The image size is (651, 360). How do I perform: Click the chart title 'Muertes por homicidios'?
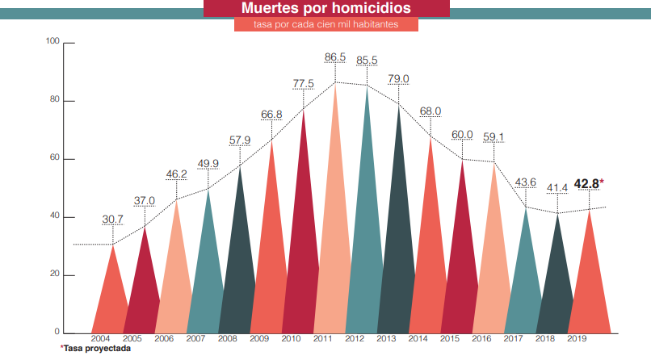325,9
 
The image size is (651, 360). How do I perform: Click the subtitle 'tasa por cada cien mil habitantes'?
325,25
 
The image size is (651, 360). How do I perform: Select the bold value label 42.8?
588,183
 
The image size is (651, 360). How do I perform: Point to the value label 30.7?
112,219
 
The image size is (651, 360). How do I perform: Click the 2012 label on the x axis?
355,339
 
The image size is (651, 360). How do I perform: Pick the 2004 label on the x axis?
101,339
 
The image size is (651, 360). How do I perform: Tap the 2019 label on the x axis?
577,339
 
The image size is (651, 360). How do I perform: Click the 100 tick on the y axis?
53,41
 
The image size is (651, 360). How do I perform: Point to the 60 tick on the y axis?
55,159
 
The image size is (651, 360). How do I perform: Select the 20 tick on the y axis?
55,275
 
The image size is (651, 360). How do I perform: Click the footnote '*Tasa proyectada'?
95,349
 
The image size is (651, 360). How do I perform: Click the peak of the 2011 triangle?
335,83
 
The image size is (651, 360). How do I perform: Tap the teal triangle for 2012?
367,242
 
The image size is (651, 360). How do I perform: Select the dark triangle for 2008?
239,274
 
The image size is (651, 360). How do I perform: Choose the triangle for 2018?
556,291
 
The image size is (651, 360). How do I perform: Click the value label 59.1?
493,136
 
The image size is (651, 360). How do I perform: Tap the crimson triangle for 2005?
144,291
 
